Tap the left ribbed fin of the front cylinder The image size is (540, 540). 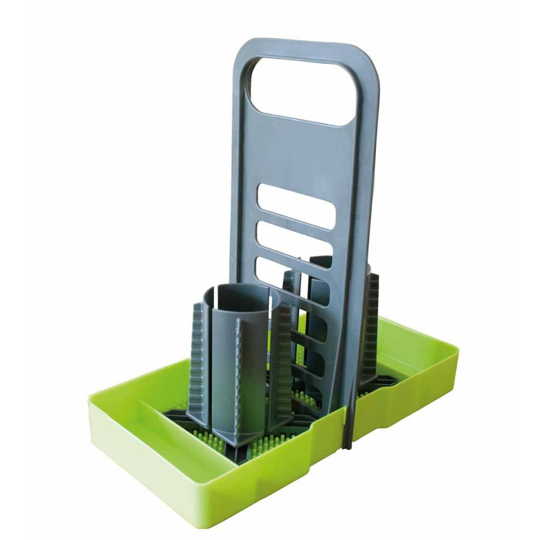[199, 363]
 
